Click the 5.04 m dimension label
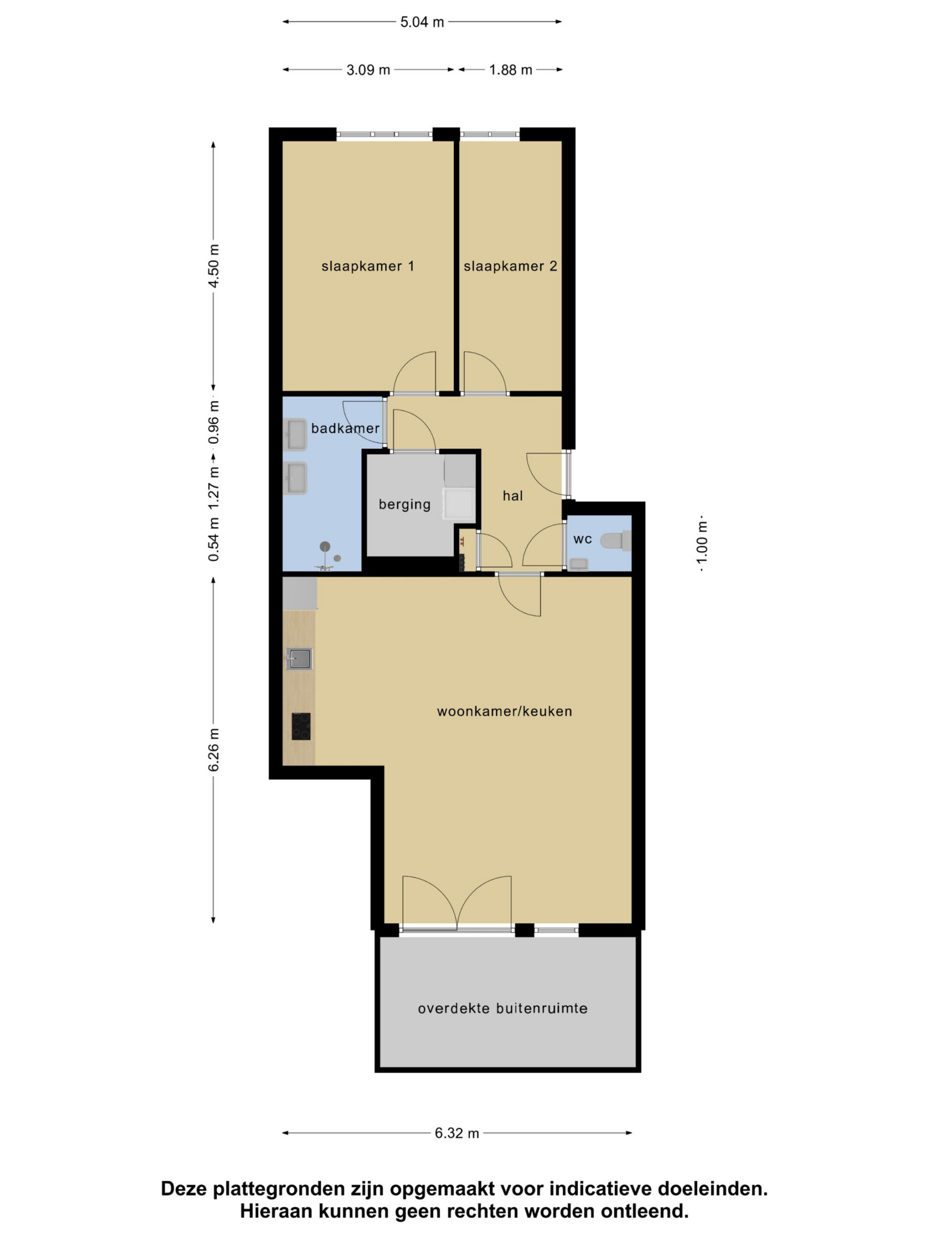[421, 22]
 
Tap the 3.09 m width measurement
[368, 71]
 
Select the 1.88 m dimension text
[510, 71]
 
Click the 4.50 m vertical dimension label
[213, 266]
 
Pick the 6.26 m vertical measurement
[213, 750]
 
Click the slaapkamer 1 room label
[368, 266]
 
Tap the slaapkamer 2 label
[510, 266]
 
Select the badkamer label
[345, 429]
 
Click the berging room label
[405, 505]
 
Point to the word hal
[512, 496]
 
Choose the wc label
[583, 540]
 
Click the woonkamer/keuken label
[505, 712]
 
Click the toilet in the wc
[615, 541]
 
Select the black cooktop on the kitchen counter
[300, 726]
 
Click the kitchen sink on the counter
[299, 659]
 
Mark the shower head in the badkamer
[325, 546]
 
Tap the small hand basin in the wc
[579, 564]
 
